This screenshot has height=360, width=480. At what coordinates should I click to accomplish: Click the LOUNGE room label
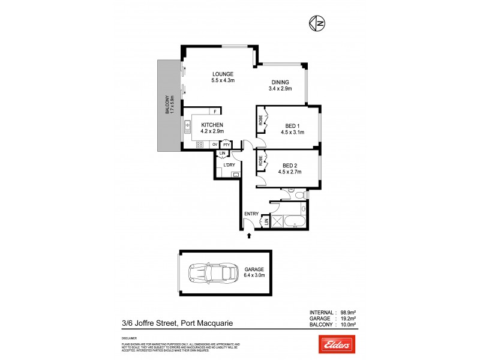[x=222, y=74]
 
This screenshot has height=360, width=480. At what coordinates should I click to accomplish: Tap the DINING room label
[x=280, y=83]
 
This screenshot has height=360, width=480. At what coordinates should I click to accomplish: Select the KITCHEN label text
[x=212, y=125]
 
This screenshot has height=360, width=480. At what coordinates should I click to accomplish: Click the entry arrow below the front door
[x=249, y=236]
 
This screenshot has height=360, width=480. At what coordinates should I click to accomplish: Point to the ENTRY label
[x=251, y=214]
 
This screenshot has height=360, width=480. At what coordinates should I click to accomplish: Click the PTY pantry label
[x=226, y=145]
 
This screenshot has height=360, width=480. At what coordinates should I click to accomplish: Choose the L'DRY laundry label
[x=228, y=165]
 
